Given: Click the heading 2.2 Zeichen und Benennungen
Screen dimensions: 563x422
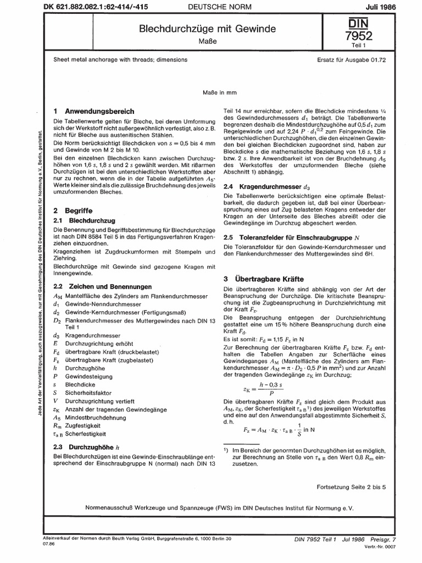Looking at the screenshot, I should point(102,286).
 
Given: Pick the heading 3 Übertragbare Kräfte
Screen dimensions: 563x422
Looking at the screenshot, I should point(269,279).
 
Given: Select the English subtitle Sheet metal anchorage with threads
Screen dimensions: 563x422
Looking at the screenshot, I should point(120,59).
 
